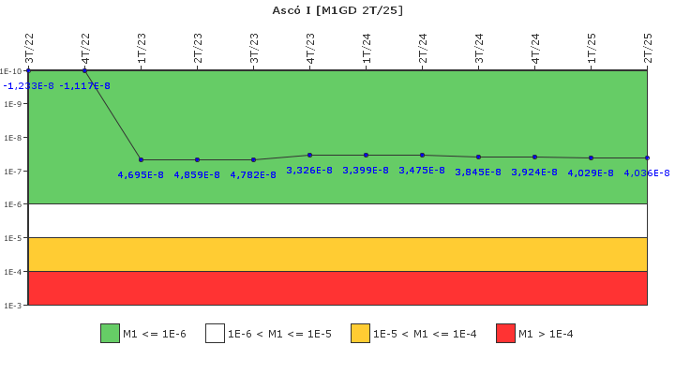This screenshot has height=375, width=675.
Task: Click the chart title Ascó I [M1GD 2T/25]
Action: pos(337,10)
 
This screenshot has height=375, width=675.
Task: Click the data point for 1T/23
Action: pos(141,159)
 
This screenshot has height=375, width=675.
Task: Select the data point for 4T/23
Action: pos(309,155)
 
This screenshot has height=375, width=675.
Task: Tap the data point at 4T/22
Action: pos(84,70)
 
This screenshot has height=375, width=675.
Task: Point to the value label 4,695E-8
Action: pos(141,174)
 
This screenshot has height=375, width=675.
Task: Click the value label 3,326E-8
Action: pos(309,171)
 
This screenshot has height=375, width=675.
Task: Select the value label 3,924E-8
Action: pos(534,172)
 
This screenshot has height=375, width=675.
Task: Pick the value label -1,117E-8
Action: pos(84,86)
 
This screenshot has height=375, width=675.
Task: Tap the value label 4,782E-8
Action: pos(253,174)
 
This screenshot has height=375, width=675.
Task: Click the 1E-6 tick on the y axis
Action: pos(11,204)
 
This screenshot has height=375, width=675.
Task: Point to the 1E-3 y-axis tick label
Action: pos(11,306)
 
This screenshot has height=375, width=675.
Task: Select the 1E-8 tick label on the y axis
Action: pos(11,138)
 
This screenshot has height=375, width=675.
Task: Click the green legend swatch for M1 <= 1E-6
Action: pos(110,334)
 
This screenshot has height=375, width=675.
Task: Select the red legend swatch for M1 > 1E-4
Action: pos(505,334)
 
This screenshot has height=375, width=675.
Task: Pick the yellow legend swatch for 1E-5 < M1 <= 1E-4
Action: pos(360,334)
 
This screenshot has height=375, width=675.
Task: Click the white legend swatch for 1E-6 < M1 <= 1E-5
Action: pos(215,334)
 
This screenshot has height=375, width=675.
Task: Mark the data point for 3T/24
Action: pos(478,157)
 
